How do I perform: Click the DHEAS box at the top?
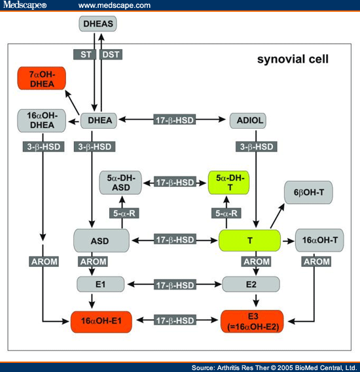(x=98, y=24)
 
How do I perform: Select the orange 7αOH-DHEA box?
(x=41, y=78)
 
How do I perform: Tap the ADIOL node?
(x=248, y=120)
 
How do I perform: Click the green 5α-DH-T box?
(x=228, y=182)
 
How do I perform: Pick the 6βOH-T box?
(x=308, y=192)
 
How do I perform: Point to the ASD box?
(x=101, y=241)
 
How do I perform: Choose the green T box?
(x=249, y=241)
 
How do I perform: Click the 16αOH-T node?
(x=319, y=240)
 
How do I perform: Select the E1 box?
(x=100, y=284)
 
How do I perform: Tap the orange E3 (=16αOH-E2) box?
(x=252, y=322)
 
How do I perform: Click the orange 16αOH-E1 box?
(x=101, y=322)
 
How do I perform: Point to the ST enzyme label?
(x=85, y=54)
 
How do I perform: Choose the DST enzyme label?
(x=111, y=54)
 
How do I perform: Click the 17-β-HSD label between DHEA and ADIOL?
(x=175, y=120)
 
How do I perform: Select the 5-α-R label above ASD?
(x=124, y=213)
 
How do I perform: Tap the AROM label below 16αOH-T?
(x=317, y=262)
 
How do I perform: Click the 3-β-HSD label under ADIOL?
(x=257, y=146)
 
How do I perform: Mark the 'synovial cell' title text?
(x=293, y=59)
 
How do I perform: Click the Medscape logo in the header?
(x=25, y=5)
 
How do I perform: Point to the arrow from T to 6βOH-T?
(x=278, y=216)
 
